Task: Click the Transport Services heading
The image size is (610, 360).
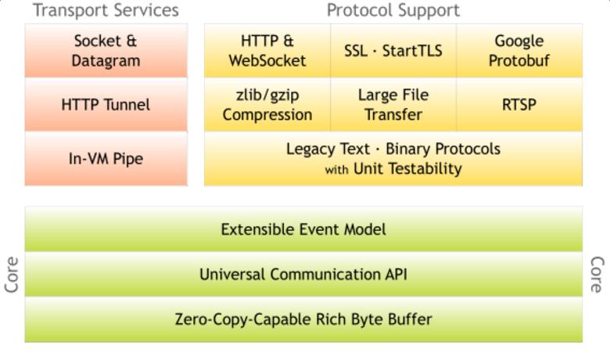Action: point(106,10)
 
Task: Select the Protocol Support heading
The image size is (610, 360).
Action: point(393,10)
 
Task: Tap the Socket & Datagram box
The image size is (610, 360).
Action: point(106,50)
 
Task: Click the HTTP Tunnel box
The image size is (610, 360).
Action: point(106,105)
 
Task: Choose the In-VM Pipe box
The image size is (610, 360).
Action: point(106,159)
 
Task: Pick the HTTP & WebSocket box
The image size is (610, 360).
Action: point(267,50)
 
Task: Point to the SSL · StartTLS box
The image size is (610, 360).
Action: point(393,50)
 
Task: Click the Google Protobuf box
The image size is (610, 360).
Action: point(519,50)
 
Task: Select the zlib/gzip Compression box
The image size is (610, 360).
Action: point(267,105)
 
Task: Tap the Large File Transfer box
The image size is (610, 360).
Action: point(393,105)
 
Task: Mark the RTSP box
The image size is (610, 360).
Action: point(519,105)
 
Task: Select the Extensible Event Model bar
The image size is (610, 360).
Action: point(303,229)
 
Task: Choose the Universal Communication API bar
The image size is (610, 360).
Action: point(303,274)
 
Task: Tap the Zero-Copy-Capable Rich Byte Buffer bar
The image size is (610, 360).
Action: point(303,319)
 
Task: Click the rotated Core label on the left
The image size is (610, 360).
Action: point(12,275)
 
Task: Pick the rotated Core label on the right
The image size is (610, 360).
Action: point(597,275)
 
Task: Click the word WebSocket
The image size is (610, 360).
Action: point(267,60)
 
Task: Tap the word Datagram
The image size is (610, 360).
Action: point(106,60)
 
